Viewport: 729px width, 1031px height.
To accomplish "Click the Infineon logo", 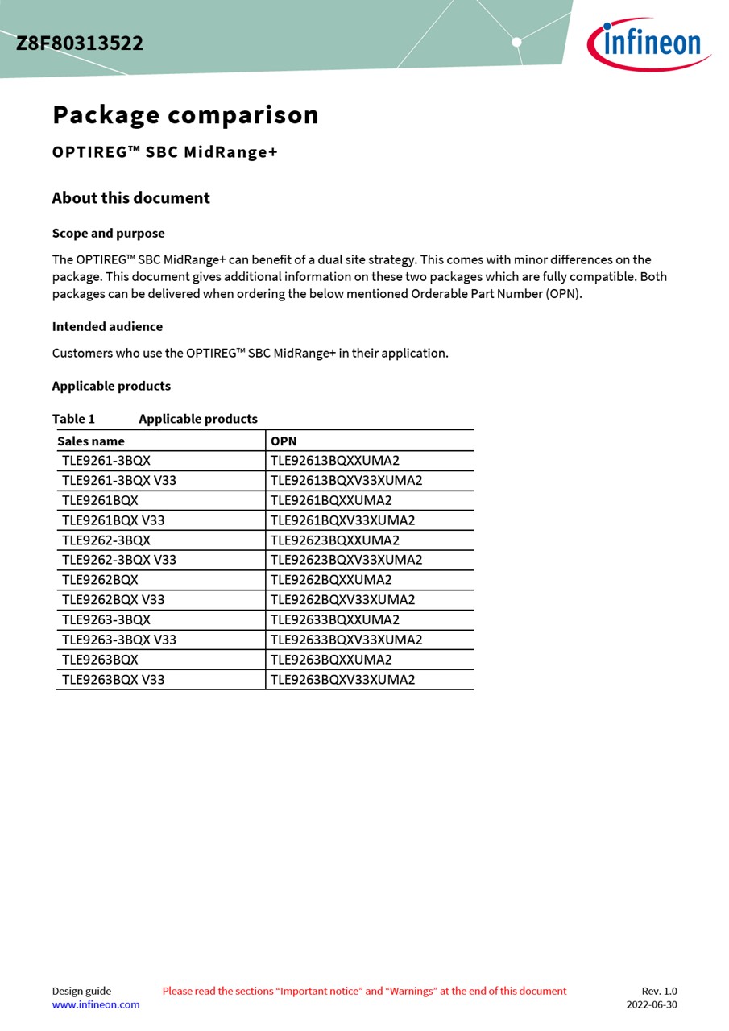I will click(x=648, y=43).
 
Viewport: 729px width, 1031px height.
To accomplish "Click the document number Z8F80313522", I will click(x=80, y=43).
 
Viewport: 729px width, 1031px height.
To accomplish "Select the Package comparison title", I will click(x=185, y=114).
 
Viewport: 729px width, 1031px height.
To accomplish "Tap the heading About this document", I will click(x=130, y=198).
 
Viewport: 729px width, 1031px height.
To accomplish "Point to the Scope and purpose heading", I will click(x=108, y=234).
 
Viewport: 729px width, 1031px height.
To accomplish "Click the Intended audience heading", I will click(x=107, y=327).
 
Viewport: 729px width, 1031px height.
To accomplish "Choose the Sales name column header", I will click(x=91, y=441).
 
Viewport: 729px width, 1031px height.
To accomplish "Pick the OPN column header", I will click(x=284, y=441).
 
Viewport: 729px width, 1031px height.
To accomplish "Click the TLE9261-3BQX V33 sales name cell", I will click(x=119, y=481).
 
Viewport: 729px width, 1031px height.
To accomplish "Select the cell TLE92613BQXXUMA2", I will click(x=335, y=461).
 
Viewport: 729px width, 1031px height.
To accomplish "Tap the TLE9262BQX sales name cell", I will click(x=100, y=580).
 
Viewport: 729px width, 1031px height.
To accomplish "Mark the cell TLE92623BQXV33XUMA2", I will click(x=346, y=560).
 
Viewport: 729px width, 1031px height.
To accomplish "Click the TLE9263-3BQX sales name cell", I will click(x=106, y=620).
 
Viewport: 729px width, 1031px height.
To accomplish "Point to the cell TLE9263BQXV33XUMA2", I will click(x=342, y=680).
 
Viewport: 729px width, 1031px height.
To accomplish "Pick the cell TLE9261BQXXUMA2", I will click(x=331, y=500).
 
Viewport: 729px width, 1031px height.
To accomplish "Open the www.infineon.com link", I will click(x=96, y=1004).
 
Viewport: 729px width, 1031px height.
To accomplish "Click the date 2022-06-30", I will click(x=652, y=1004).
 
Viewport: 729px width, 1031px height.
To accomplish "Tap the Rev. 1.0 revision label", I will click(x=659, y=991).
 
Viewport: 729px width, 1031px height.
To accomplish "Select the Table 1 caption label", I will click(x=73, y=419).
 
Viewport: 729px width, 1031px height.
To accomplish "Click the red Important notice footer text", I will click(x=364, y=991).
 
